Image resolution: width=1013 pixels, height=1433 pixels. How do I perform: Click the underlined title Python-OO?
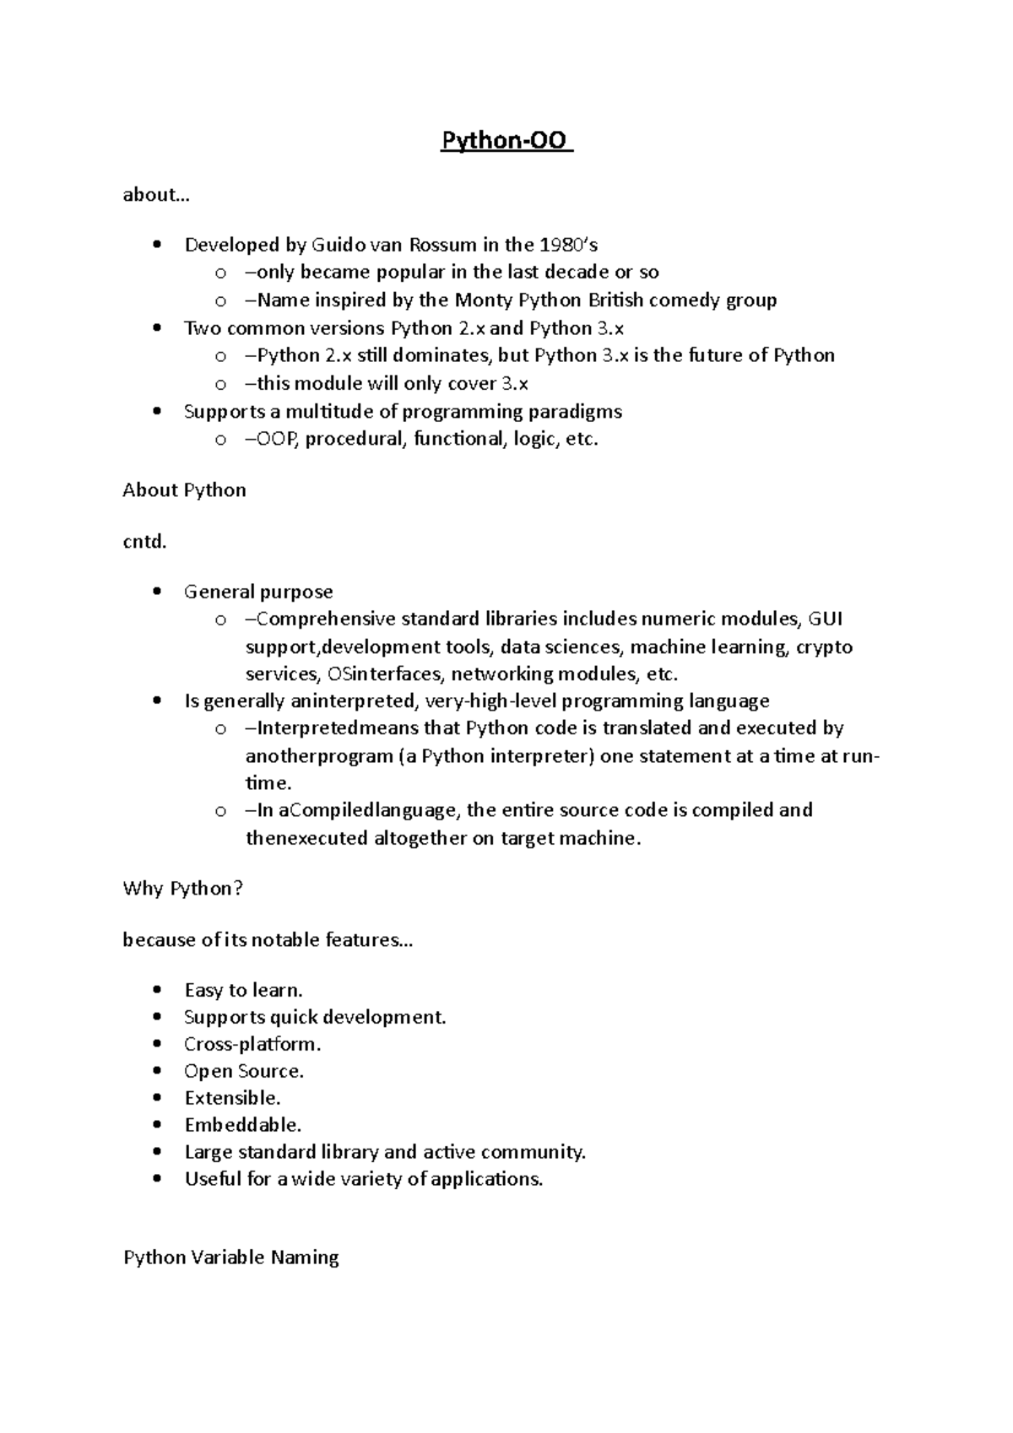pyautogui.click(x=506, y=140)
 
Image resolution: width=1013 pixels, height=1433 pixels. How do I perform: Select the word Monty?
pyautogui.click(x=483, y=300)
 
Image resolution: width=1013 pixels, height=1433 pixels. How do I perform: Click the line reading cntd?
pyautogui.click(x=145, y=542)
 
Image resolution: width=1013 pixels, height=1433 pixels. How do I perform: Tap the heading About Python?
pyautogui.click(x=184, y=490)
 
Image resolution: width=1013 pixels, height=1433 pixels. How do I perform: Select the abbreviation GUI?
pyautogui.click(x=825, y=619)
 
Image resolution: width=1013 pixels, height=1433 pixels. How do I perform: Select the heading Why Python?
pyautogui.click(x=182, y=889)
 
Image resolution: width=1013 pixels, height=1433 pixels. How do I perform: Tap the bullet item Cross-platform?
pyautogui.click(x=252, y=1045)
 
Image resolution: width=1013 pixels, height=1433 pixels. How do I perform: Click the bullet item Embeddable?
pyautogui.click(x=242, y=1126)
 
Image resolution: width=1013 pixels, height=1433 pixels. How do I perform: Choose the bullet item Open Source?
pyautogui.click(x=243, y=1072)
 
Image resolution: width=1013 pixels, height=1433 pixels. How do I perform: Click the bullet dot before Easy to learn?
pyautogui.click(x=156, y=991)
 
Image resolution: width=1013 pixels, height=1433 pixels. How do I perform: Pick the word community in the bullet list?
pyautogui.click(x=542, y=1153)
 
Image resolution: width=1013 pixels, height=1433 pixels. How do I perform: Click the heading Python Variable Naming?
pyautogui.click(x=230, y=1258)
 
